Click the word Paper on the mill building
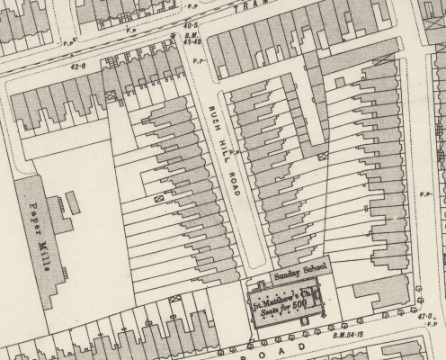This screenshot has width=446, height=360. (x=33, y=216)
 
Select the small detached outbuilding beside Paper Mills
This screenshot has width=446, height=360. (x=72, y=203)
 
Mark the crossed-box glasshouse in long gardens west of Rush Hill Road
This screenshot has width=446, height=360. (x=159, y=196)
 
